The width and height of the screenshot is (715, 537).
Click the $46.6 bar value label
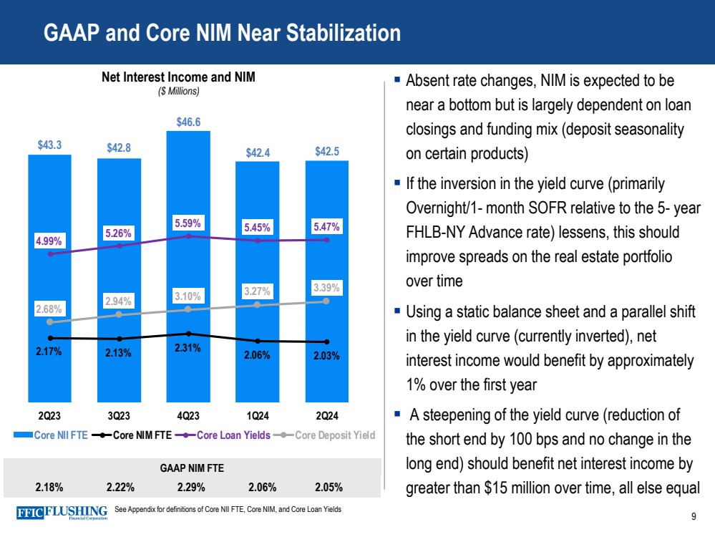click(x=188, y=122)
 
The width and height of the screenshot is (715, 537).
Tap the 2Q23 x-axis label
click(x=49, y=415)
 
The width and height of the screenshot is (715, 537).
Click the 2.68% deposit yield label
click(x=49, y=309)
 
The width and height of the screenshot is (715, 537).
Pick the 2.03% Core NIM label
click(x=327, y=356)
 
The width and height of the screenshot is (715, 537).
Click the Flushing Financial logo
click(x=62, y=513)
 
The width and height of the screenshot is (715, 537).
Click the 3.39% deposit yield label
click(x=327, y=289)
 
